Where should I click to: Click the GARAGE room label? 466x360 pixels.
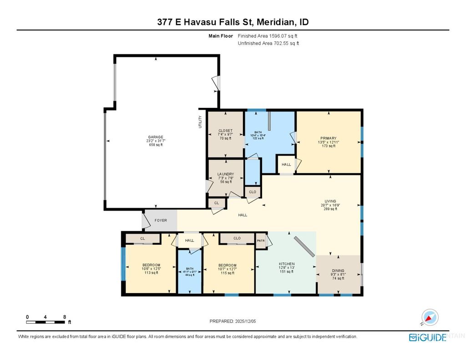[x=156, y=137]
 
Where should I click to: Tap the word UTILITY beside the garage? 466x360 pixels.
[x=200, y=122]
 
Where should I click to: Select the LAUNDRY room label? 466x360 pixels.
[x=226, y=174]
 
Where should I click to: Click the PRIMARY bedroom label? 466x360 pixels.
[x=328, y=138]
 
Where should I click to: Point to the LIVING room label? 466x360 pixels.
[x=330, y=200]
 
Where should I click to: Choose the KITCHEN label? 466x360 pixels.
[x=287, y=264]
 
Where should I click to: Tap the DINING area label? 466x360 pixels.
[x=338, y=270]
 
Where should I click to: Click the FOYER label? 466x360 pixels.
[x=161, y=220]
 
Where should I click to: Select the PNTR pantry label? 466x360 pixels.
[x=261, y=241]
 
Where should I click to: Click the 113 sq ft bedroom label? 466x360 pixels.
[x=151, y=265]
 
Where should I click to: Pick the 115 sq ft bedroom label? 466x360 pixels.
[x=228, y=265]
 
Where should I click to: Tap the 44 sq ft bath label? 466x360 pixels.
[x=190, y=269]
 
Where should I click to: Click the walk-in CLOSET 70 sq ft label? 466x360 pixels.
[x=225, y=131]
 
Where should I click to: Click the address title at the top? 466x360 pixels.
[x=233, y=22]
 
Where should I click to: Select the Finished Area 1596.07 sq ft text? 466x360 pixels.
[x=268, y=35]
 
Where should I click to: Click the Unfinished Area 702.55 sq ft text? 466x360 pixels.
[x=268, y=43]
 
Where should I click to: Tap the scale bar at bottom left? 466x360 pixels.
[x=46, y=322]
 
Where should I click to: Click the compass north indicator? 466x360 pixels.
[x=429, y=317]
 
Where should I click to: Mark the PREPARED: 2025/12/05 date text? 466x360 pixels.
[x=233, y=321]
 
